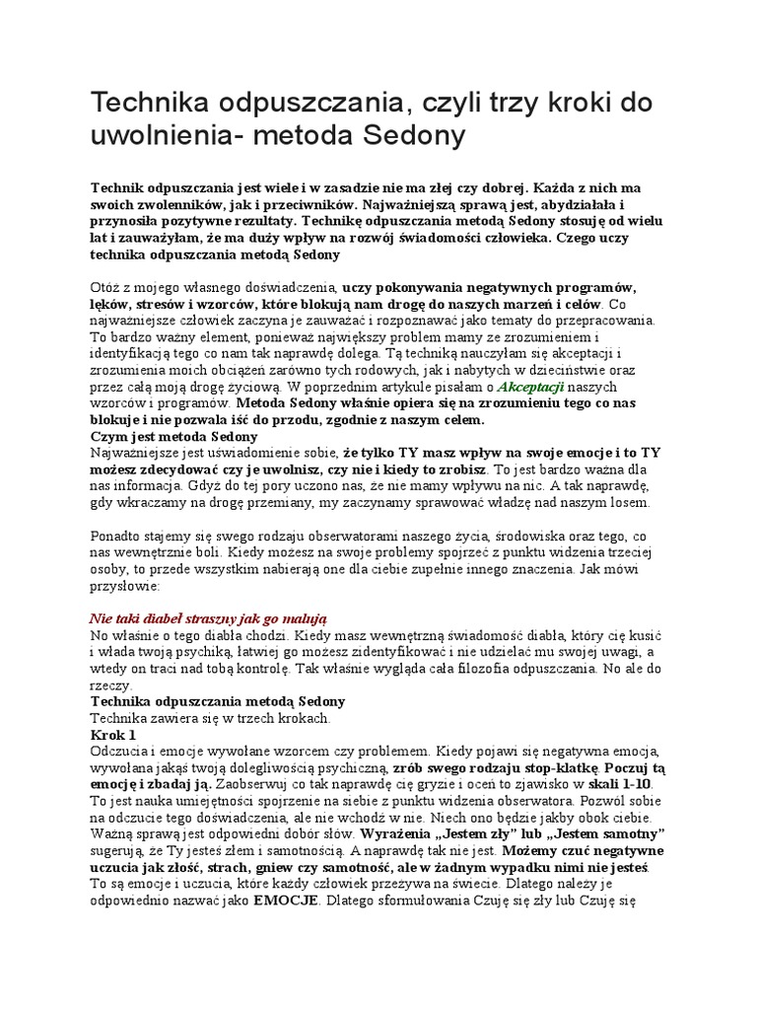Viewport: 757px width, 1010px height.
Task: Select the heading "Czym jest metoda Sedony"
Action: [173, 435]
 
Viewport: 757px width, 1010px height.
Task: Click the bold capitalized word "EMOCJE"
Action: [286, 900]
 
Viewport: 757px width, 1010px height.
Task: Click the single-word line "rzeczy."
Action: [109, 685]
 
